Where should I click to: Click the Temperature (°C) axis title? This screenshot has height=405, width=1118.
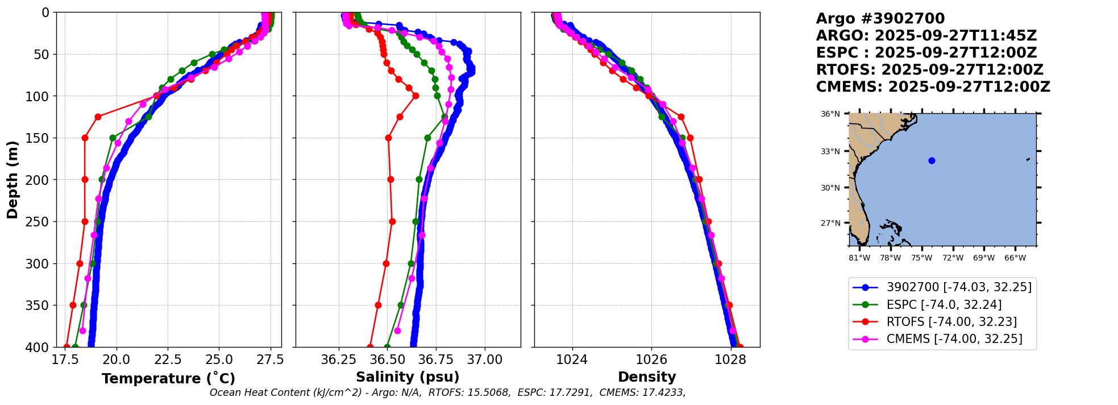tap(168, 378)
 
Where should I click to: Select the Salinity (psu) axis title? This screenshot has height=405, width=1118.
tap(408, 377)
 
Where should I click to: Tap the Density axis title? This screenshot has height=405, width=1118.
tap(647, 377)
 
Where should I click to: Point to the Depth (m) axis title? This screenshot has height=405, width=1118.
tap(13, 179)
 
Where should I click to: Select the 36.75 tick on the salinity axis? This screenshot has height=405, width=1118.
tap(436, 360)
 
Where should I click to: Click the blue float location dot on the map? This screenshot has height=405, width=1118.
tap(932, 160)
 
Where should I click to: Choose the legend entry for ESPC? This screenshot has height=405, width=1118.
tap(944, 305)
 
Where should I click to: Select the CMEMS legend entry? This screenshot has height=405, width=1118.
tap(954, 339)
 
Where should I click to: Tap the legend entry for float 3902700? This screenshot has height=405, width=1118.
tap(958, 287)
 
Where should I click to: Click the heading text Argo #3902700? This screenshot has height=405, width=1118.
tap(880, 19)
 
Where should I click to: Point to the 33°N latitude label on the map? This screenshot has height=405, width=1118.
tap(830, 151)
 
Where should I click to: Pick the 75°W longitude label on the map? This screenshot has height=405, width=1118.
tap(921, 258)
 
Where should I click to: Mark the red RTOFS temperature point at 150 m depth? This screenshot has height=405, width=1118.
tap(85, 138)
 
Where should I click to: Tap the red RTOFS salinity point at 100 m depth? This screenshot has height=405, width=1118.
tap(415, 96)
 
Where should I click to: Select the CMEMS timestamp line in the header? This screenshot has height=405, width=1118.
tap(933, 87)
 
